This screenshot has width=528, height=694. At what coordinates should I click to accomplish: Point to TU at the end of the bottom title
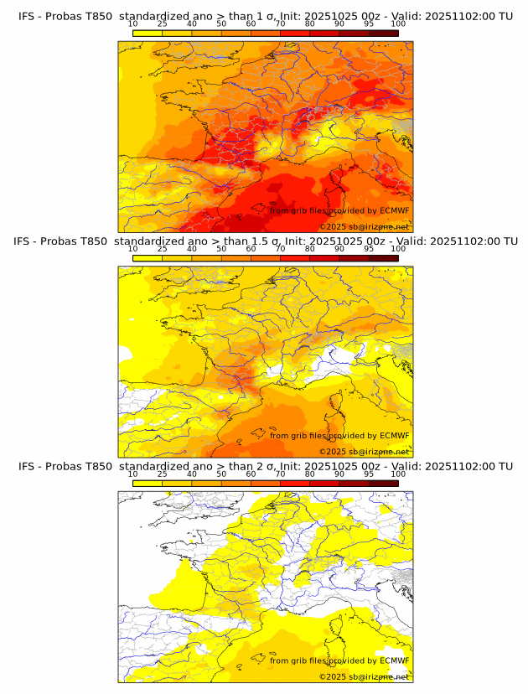505,466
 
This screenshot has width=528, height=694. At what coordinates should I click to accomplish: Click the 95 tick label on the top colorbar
369,24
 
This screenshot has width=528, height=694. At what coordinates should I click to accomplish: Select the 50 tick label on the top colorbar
221,24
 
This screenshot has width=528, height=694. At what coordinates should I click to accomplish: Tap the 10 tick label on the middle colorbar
132,249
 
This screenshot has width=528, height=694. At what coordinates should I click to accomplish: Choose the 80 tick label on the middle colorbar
310,249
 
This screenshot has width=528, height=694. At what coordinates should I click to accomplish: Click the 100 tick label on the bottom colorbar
398,474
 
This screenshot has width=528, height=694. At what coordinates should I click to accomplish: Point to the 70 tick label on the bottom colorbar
280,474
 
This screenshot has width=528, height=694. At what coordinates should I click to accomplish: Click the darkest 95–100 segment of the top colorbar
384,33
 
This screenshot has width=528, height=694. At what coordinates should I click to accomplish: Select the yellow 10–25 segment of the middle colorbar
148,257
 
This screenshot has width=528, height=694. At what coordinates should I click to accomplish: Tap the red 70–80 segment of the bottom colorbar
295,482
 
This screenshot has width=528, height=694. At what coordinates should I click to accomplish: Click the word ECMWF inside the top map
394,211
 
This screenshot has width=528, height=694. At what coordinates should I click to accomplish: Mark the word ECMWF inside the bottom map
394,660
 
